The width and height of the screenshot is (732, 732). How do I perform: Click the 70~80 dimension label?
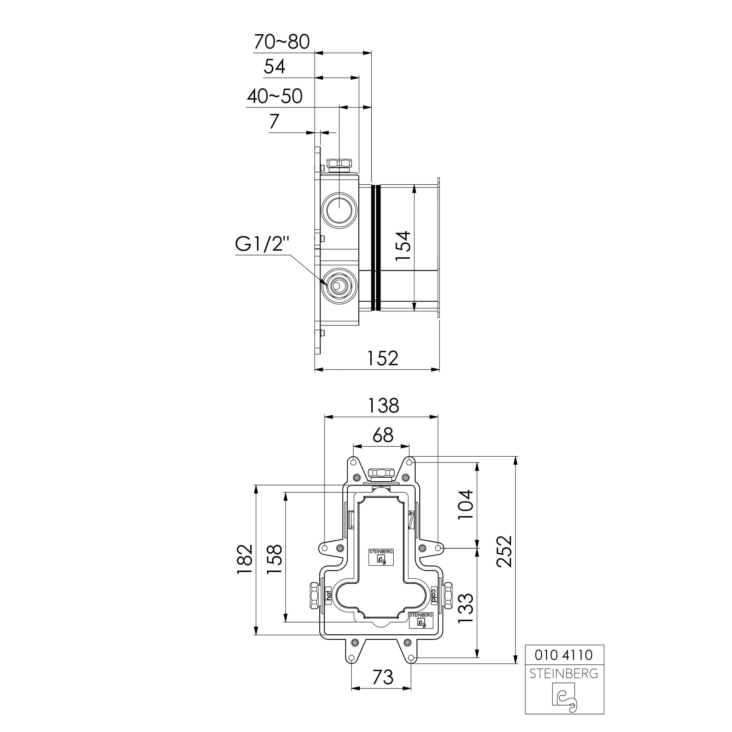[282, 42]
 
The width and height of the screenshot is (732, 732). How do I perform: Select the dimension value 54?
[274, 67]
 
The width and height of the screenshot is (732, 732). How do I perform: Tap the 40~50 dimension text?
[275, 96]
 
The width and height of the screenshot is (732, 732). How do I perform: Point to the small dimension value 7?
[274, 122]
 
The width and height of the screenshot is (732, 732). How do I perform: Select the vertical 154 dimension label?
[403, 246]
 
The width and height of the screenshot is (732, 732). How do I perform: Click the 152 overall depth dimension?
[383, 358]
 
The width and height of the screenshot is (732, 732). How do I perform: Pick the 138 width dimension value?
[383, 405]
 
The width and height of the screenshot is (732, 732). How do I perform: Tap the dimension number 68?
[383, 435]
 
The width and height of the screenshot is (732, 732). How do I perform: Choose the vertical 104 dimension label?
[466, 505]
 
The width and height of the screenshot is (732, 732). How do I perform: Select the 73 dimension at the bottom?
[383, 677]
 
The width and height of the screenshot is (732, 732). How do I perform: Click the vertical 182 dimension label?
[244, 559]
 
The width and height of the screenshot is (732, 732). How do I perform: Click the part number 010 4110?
[564, 655]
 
